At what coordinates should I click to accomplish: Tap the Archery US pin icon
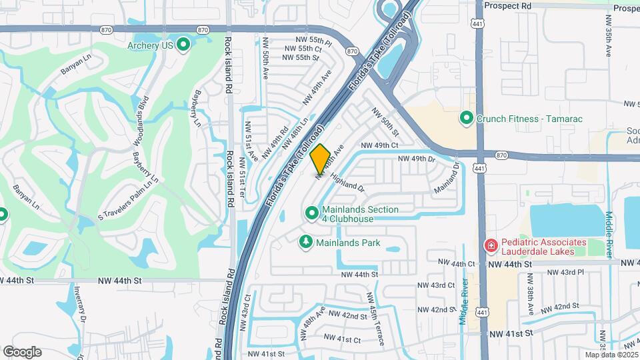(184, 45)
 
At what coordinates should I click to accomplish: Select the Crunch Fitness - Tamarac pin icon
(467, 119)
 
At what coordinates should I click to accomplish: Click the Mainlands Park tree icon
(306, 242)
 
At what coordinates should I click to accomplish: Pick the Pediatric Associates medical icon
(491, 247)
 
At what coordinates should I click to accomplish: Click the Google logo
(22, 352)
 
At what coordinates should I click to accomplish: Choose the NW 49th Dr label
(417, 159)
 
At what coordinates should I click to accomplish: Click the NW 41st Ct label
(344, 339)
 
